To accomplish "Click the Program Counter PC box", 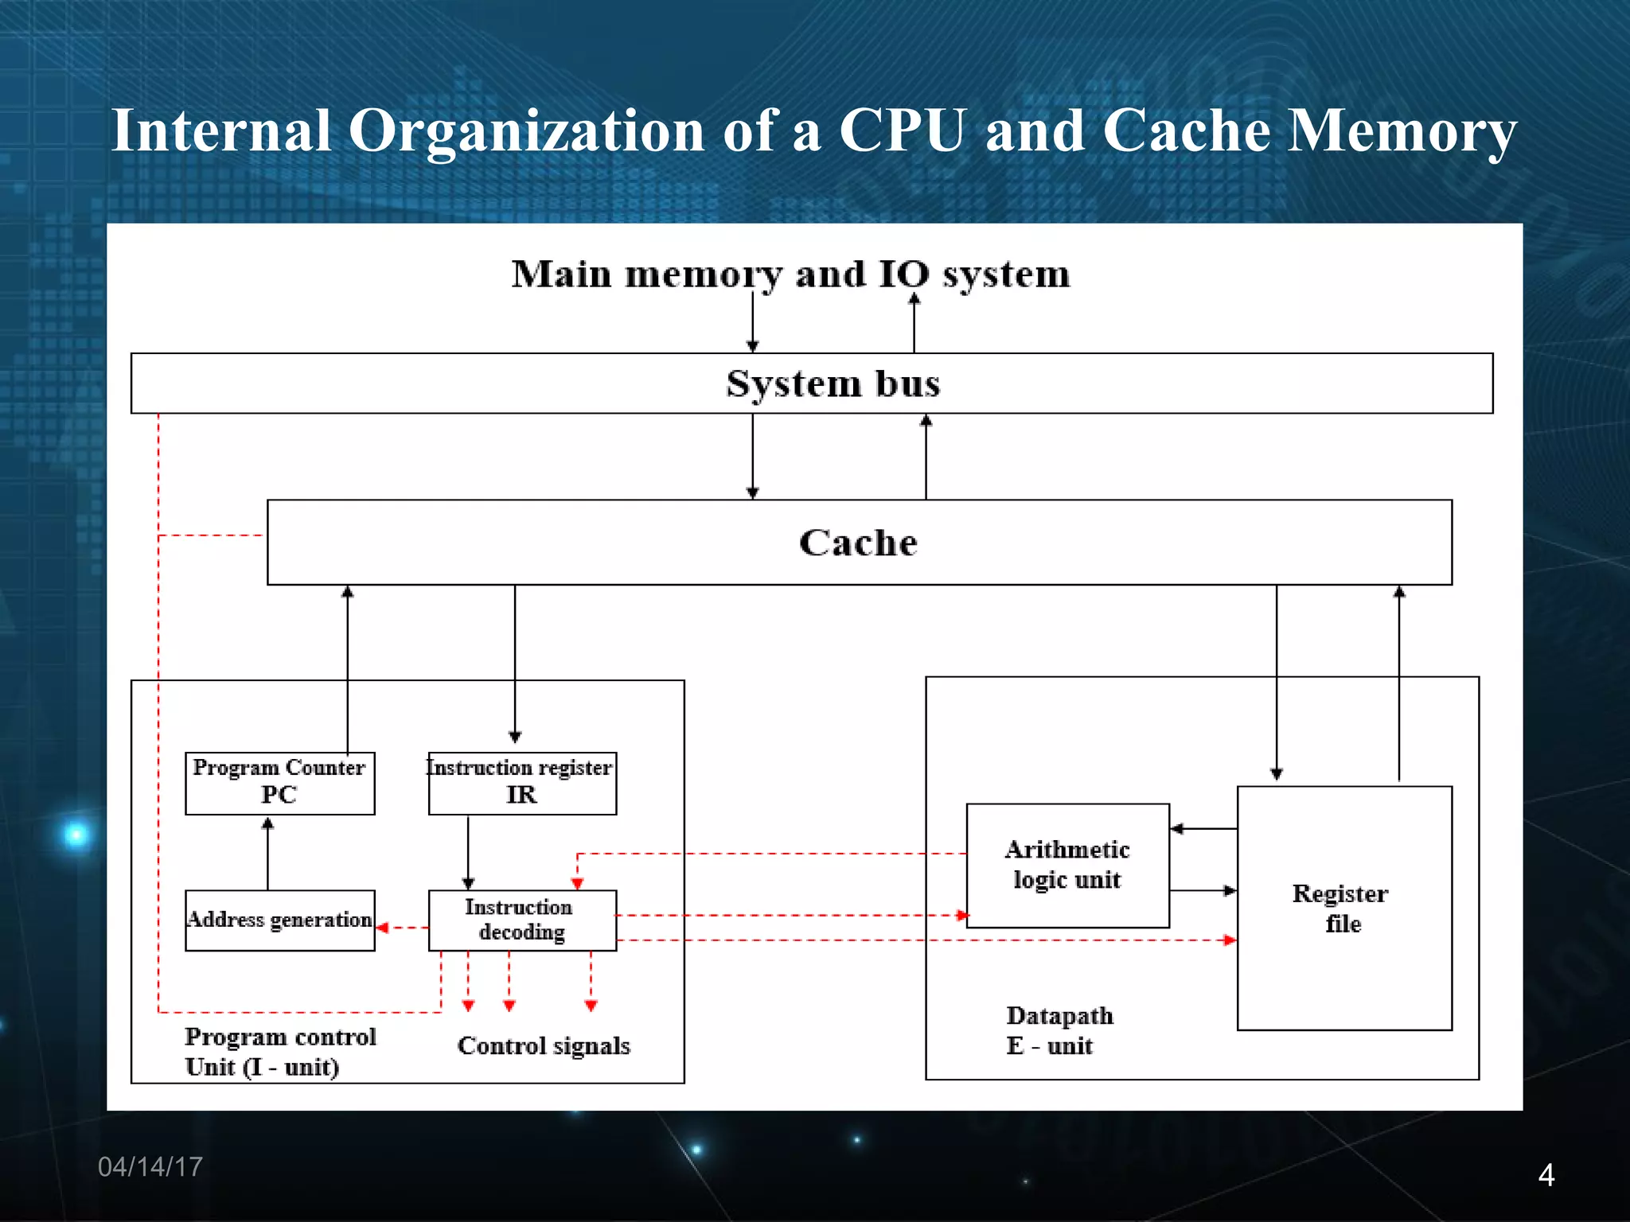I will [x=279, y=783].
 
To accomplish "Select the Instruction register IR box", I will [x=522, y=783].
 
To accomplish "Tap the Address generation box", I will [x=279, y=920].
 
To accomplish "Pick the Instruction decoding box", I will [x=522, y=920].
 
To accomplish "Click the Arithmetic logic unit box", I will [x=1067, y=865].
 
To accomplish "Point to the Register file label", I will [x=1342, y=909].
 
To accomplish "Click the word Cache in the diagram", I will [x=858, y=543].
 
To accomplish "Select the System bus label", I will [x=833, y=383].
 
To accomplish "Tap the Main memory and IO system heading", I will [x=790, y=274].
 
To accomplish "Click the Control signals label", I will [x=544, y=1045].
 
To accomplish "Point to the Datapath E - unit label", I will [x=1059, y=1030].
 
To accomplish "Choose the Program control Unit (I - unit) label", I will [x=279, y=1051].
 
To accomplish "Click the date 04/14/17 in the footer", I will [x=150, y=1166].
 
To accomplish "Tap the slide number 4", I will [x=1546, y=1175].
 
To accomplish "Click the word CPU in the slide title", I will [x=903, y=130].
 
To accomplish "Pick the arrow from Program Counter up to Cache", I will [x=348, y=668].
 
